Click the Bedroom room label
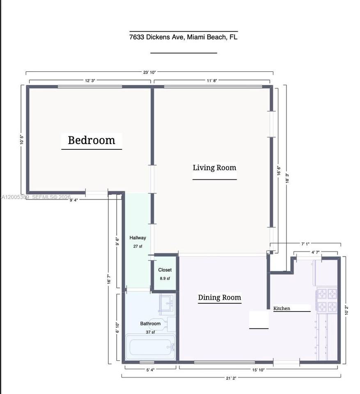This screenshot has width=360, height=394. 91,140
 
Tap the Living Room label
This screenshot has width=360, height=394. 214,167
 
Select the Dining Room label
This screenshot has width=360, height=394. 219,298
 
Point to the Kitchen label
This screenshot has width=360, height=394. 282,308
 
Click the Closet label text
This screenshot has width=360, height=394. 165,270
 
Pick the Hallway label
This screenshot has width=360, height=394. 138,238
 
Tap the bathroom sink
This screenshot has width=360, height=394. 167,304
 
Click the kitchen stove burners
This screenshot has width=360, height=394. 326,300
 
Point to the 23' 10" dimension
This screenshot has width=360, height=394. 149,72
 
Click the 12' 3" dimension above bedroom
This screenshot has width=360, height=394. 90,81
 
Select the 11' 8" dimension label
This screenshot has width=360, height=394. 211,81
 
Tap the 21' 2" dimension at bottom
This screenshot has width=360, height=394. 231,378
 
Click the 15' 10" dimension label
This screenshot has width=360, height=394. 258,370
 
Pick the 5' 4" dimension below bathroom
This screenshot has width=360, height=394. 150,370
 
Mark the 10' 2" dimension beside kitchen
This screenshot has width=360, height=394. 347,310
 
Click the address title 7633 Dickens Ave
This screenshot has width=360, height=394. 183,37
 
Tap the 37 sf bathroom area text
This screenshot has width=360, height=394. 150,332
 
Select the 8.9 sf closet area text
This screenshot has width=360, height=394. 165,279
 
